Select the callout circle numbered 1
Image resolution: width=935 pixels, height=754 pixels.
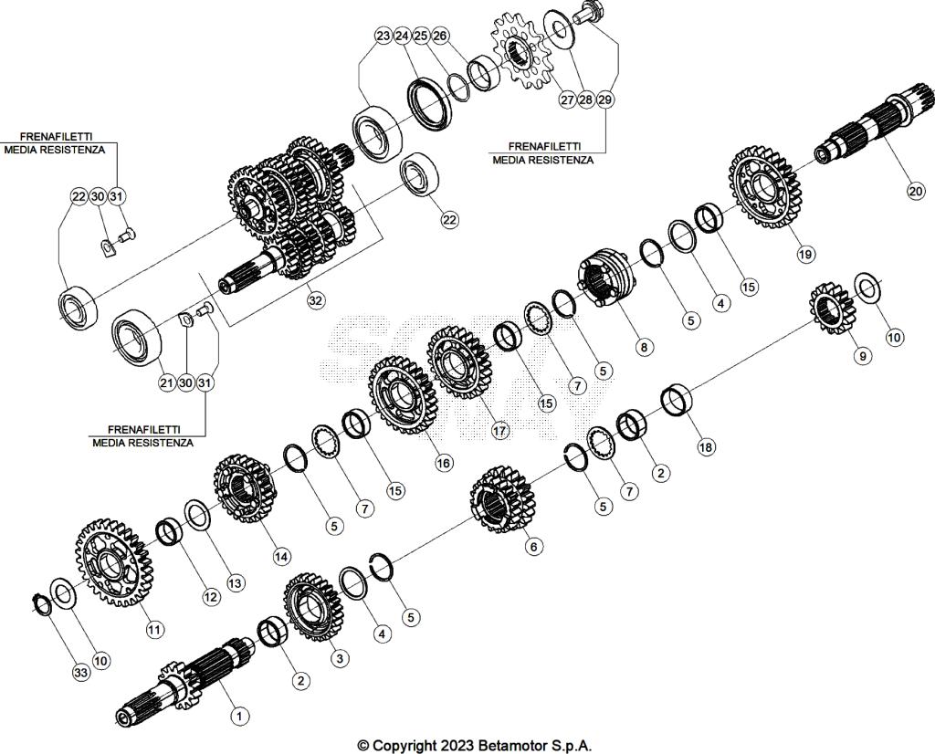coord(238,716)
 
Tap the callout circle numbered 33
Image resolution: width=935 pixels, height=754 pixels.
coord(82,673)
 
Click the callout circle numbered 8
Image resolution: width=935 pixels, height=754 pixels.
coord(645,347)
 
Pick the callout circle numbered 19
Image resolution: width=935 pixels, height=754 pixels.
coord(805,255)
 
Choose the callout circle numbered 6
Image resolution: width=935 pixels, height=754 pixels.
coord(534,546)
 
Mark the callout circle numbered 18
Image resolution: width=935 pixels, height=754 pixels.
coord(706,447)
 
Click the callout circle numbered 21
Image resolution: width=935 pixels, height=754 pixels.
coord(166,383)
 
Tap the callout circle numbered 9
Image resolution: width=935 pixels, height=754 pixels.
coord(862,357)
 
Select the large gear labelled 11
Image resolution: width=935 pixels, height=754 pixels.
coord(109,566)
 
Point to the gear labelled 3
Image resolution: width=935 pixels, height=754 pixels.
coord(311,610)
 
